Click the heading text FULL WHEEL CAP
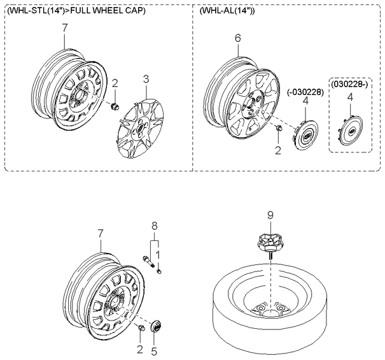(x=108, y=11)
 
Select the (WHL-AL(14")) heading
(x=227, y=11)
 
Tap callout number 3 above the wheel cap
(x=146, y=80)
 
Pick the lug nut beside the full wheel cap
(x=115, y=106)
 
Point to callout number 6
(x=237, y=38)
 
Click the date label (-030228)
(x=305, y=92)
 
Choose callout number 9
(x=270, y=215)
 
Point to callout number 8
(x=155, y=226)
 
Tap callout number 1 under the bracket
(x=158, y=256)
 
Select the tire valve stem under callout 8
(x=148, y=262)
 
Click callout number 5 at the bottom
(x=154, y=352)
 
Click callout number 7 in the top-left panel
(x=64, y=28)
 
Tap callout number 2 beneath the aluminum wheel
(x=277, y=150)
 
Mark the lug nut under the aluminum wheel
(x=279, y=128)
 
